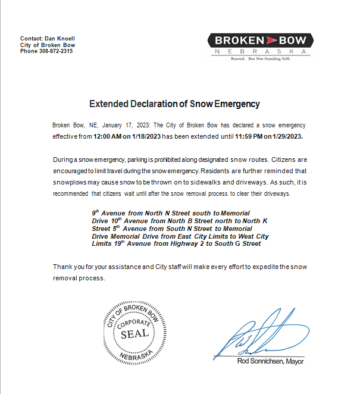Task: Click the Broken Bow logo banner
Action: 260,40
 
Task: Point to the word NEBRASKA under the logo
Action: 261,52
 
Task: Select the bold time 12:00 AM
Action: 108,136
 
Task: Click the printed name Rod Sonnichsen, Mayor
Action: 271,361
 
